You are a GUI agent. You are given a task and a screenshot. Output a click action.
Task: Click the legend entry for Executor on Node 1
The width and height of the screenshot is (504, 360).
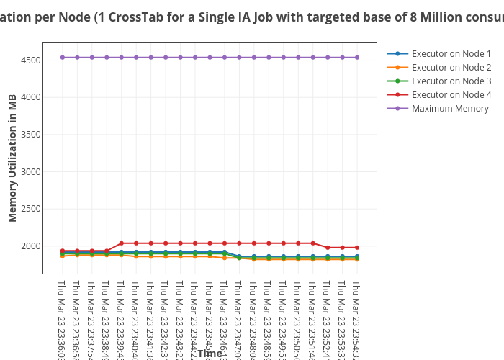(450, 54)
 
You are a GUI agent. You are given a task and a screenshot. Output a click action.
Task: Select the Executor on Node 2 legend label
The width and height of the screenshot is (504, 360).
(450, 68)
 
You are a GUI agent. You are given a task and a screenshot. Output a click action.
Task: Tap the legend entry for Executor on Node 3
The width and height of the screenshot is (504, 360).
(450, 81)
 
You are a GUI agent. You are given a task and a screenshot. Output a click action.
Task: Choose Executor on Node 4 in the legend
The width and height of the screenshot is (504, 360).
(450, 95)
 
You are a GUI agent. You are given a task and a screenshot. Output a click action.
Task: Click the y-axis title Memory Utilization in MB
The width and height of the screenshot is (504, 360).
(12, 158)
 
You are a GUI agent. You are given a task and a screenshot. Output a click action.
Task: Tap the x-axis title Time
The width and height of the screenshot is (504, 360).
(210, 353)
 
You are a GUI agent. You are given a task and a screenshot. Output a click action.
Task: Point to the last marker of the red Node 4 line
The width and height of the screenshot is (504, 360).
(356, 248)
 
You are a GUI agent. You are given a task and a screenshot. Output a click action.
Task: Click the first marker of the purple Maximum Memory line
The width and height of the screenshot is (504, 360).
(63, 58)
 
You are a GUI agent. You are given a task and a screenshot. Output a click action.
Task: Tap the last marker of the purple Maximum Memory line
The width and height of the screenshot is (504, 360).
(356, 58)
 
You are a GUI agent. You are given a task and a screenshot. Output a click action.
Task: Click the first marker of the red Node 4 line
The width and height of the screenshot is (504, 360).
(63, 251)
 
